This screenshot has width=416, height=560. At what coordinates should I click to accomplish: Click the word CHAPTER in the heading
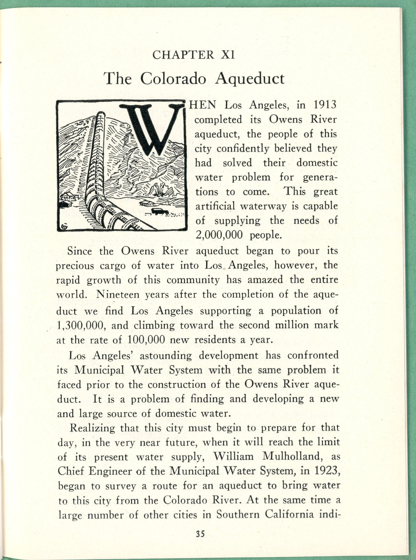click(x=183, y=55)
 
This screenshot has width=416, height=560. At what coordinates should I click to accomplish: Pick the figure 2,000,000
click(x=219, y=235)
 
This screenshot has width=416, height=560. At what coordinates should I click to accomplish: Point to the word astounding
click(x=166, y=356)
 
